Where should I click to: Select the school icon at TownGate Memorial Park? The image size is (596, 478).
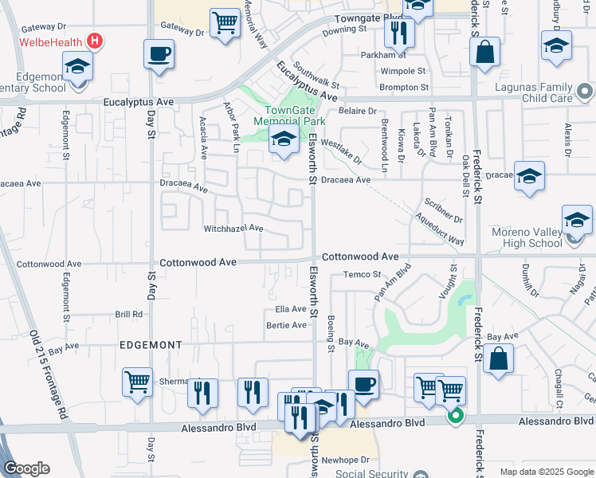tap(284, 139)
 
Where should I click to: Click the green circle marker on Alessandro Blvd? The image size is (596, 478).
tap(455, 414)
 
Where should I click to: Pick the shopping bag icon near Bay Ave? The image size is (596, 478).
tap(498, 358)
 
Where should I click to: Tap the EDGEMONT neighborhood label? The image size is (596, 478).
tap(151, 345)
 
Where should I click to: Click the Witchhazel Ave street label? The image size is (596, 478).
tap(233, 228)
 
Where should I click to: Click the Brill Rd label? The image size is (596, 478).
tap(128, 315)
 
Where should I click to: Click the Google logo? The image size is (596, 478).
tap(26, 468)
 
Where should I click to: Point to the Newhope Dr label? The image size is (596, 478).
tap(346, 460)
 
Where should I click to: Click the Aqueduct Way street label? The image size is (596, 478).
tap(440, 228)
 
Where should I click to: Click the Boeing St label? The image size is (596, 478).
tap(330, 334)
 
